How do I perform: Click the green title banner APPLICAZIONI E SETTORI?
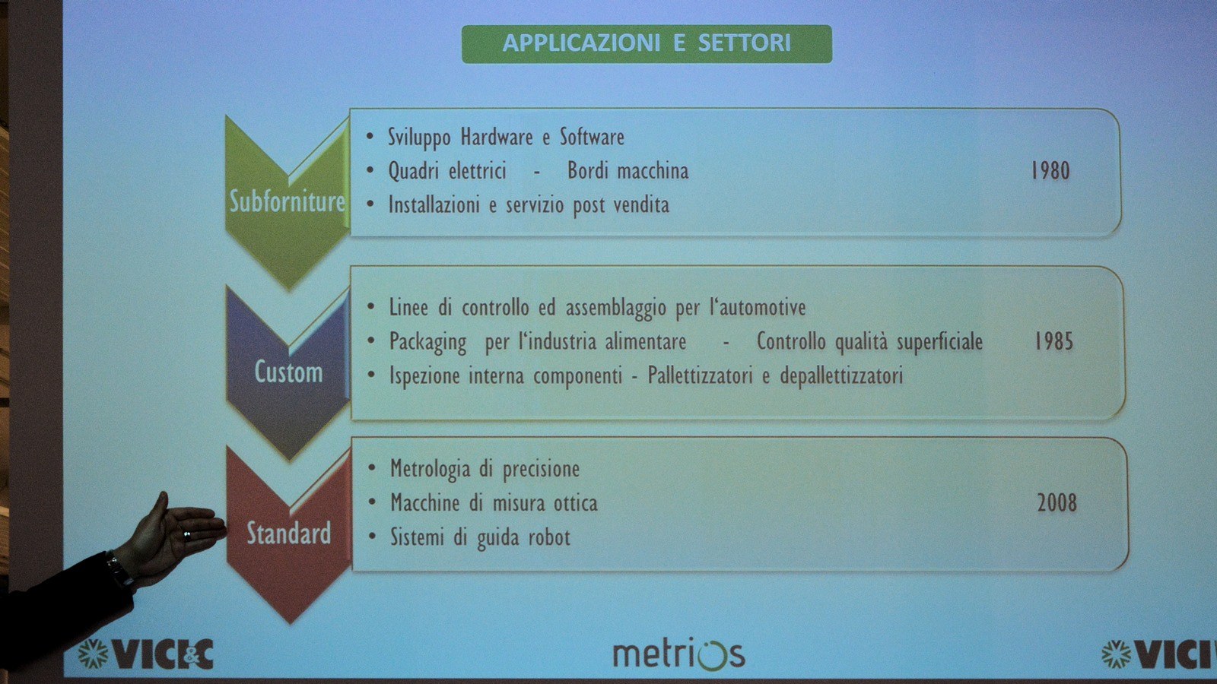point(647,44)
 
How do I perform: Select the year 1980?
point(1050,170)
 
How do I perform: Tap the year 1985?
point(1053,341)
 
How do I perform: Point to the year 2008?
point(1057,502)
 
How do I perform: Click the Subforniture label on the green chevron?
point(288,201)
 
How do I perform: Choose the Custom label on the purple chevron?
point(288,372)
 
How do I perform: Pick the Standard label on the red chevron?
point(288,533)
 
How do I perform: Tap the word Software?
point(593,137)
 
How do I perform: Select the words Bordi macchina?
point(628,171)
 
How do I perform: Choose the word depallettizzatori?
point(841,376)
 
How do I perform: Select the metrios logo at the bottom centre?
point(679,654)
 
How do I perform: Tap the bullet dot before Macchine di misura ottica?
point(372,502)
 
